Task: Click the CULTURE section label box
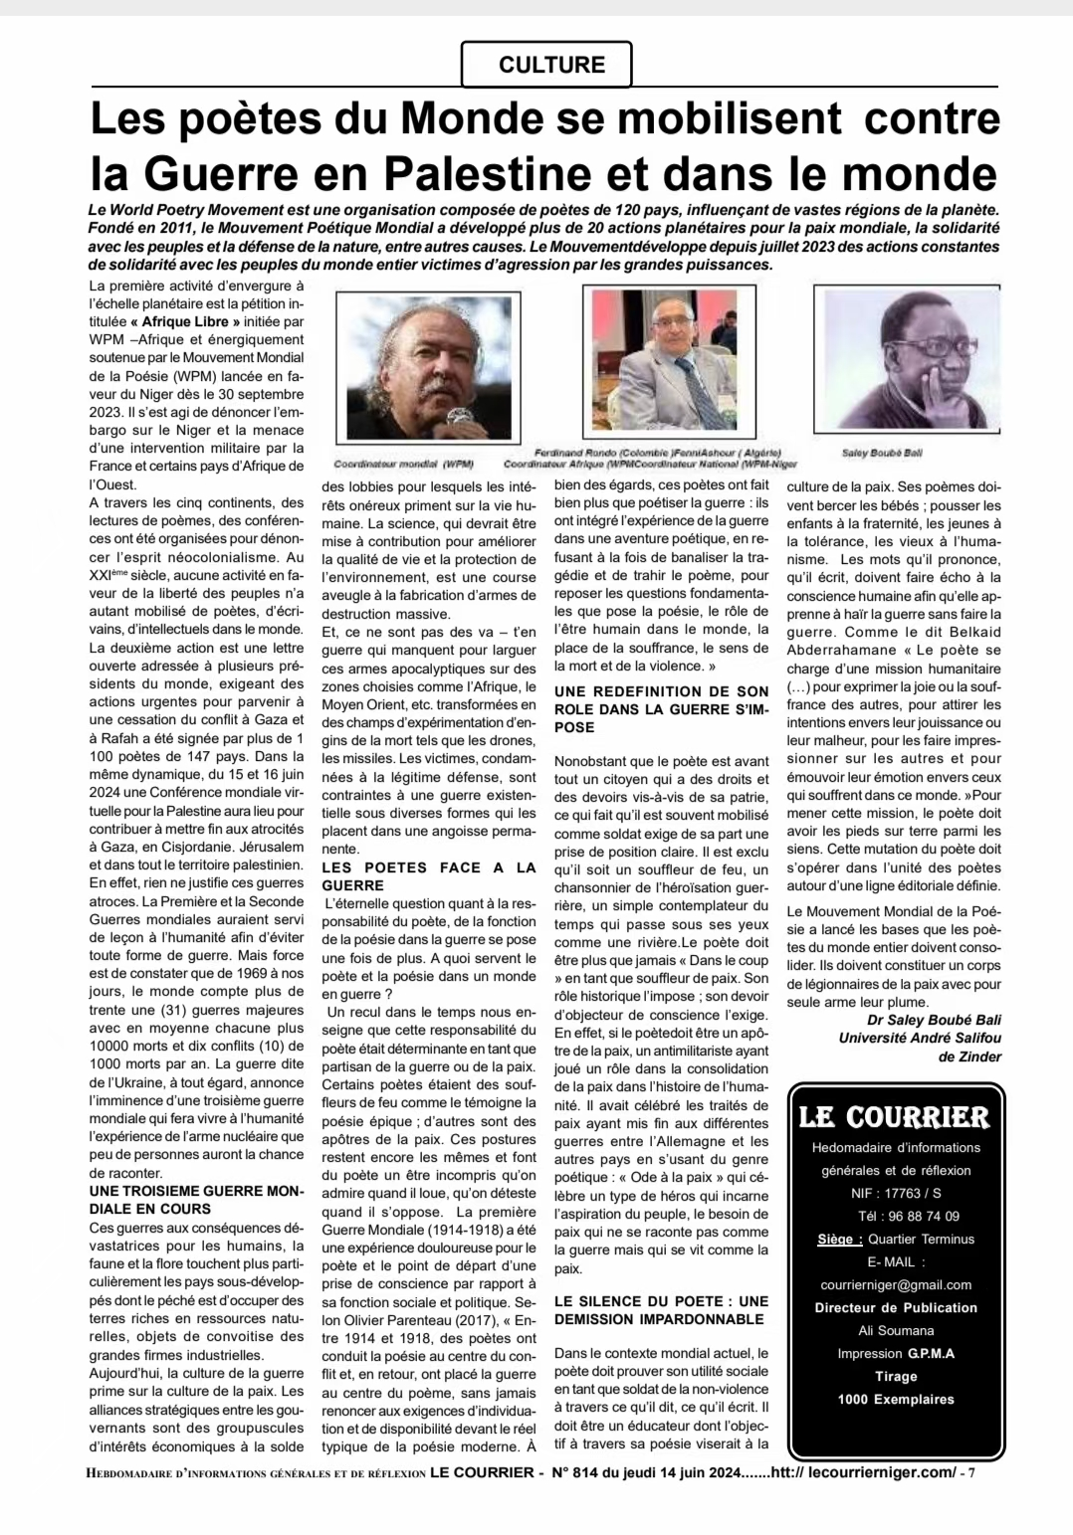pos(546,65)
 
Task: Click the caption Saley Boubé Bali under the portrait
pos(882,453)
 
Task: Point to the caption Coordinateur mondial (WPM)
pos(403,464)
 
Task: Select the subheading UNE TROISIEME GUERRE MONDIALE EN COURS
pos(196,1200)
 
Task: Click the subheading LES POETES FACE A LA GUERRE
pos(428,876)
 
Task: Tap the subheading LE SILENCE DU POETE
pos(661,1310)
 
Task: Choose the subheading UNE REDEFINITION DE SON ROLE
pos(661,708)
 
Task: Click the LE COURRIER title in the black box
pos(895,1117)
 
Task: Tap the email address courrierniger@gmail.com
pos(896,1284)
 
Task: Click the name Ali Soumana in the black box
pos(896,1330)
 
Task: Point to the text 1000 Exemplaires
pos(896,1399)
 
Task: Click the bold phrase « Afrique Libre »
pos(185,322)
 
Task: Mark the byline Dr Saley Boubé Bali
pos(934,1020)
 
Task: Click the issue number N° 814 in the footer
pos(586,1473)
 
